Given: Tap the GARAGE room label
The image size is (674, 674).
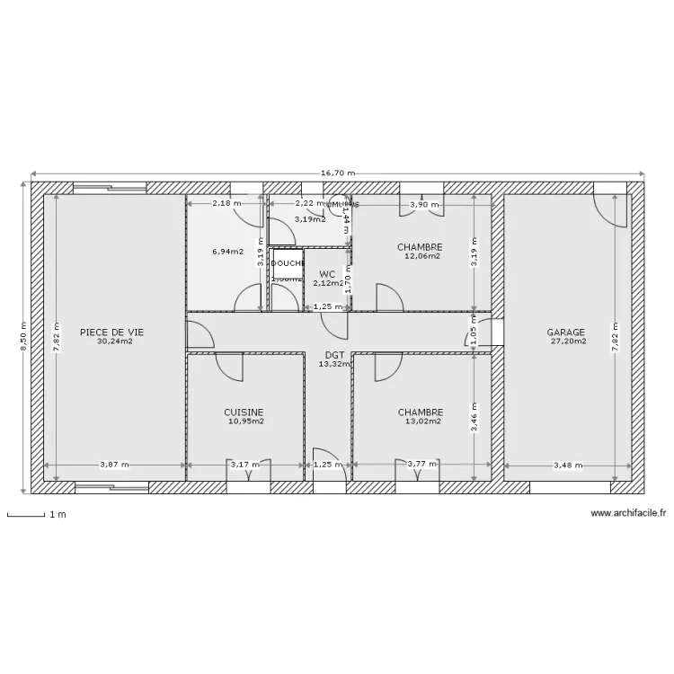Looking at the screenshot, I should point(566,332).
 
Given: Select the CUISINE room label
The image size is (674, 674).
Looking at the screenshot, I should point(244,412).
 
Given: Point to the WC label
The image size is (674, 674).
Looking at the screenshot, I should point(327,274).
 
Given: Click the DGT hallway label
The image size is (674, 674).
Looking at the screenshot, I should point(334,355).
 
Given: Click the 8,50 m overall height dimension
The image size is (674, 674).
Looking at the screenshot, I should point(23,337).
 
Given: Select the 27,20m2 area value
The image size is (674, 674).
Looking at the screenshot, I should point(567,341).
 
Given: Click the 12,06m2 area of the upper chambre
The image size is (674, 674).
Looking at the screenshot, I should point(421,256).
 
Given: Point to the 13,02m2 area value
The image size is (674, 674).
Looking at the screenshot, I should point(421,421).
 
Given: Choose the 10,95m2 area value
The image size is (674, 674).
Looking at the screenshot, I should point(244,421).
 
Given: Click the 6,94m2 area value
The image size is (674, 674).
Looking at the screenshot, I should point(227,252).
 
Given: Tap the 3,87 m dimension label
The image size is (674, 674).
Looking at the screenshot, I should point(114,466).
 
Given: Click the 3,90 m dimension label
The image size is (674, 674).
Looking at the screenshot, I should point(423,205).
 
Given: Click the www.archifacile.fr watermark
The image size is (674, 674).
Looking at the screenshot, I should point(628,513).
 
